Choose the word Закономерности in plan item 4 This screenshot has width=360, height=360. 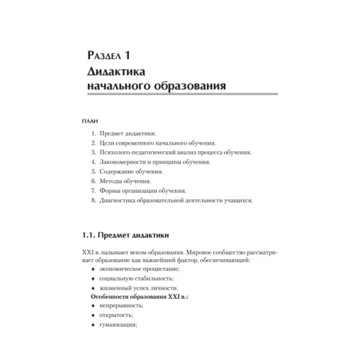(x=125, y=163)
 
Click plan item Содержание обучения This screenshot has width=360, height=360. (x=132, y=172)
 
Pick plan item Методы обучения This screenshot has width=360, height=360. (x=125, y=181)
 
